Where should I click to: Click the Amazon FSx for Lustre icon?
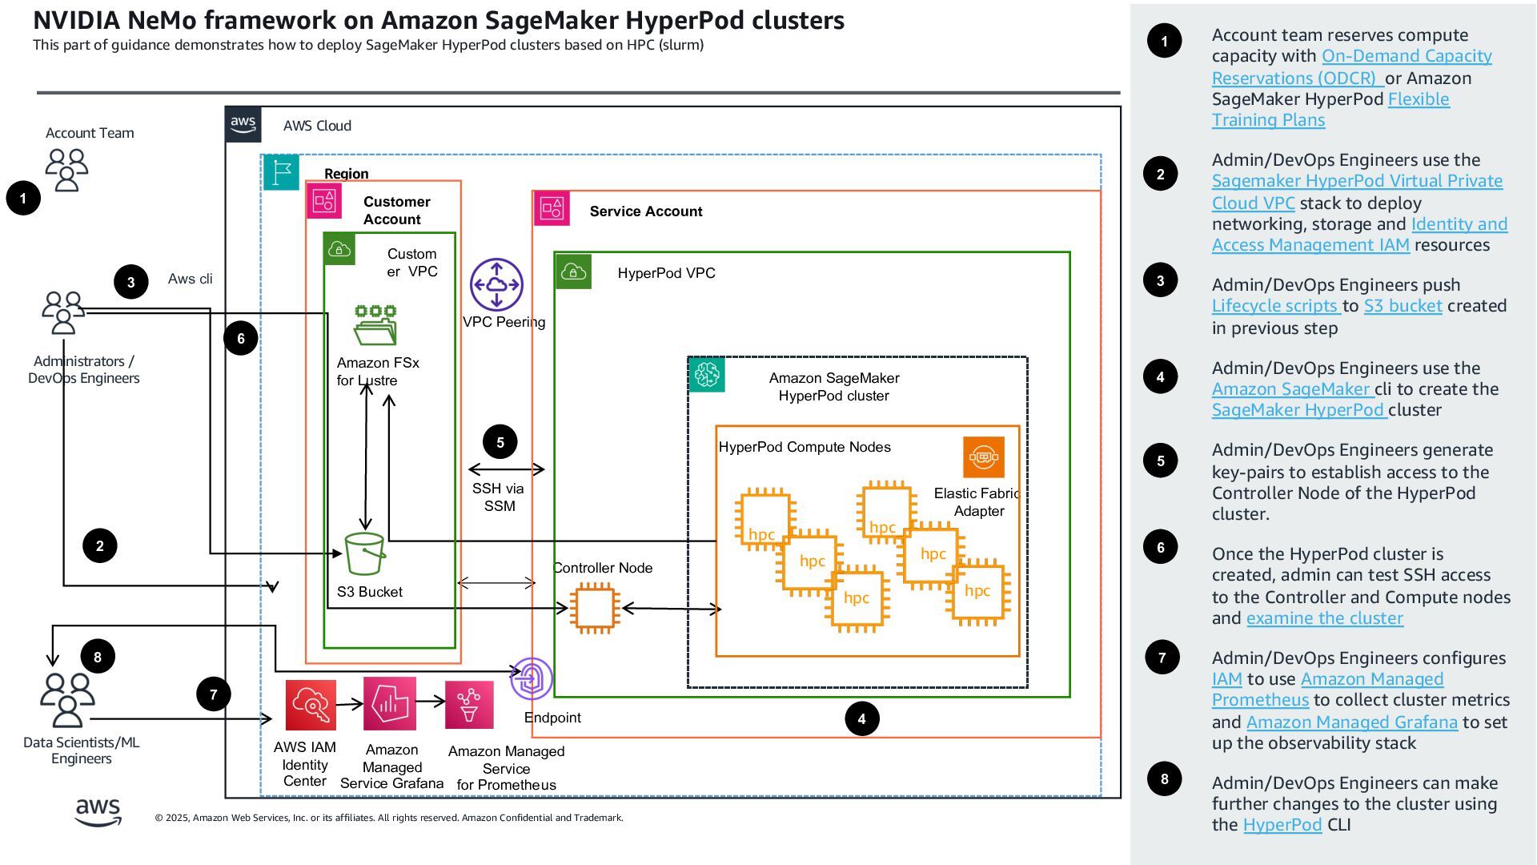pyautogui.click(x=375, y=324)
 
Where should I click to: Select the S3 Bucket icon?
pyautogui.click(x=365, y=553)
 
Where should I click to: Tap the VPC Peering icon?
pyautogui.click(x=496, y=284)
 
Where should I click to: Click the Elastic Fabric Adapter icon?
pyautogui.click(x=983, y=457)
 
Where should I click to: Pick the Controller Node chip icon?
pyautogui.click(x=594, y=609)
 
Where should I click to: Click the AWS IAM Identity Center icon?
pyautogui.click(x=311, y=705)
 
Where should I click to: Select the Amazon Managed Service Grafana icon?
pyautogui.click(x=390, y=703)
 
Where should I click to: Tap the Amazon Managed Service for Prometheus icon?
pyautogui.click(x=469, y=705)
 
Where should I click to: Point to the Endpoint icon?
pyautogui.click(x=532, y=678)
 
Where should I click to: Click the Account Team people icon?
pyautogui.click(x=66, y=169)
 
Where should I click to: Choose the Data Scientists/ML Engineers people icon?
pyautogui.click(x=67, y=699)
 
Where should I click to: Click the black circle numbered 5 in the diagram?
pyautogui.click(x=500, y=442)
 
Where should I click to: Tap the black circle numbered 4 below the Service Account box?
pyautogui.click(x=861, y=718)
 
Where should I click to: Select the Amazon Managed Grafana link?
pyautogui.click(x=1351, y=722)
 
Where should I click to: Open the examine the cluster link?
pyautogui.click(x=1324, y=618)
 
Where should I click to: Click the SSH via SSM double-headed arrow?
pyautogui.click(x=506, y=469)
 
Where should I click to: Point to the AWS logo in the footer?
pyautogui.click(x=98, y=811)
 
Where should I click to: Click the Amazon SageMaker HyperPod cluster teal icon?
pyautogui.click(x=706, y=374)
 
